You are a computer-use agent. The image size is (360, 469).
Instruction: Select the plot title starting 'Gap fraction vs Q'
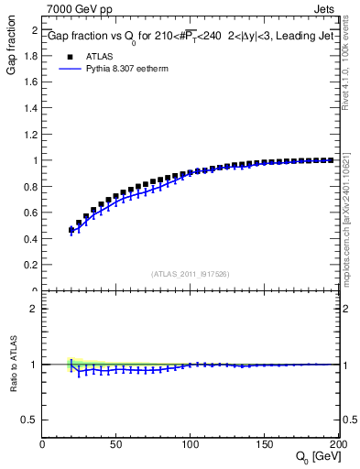(191, 38)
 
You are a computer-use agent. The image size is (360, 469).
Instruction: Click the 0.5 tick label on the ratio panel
(30, 420)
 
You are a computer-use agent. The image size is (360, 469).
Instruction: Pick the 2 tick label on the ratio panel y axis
(34, 309)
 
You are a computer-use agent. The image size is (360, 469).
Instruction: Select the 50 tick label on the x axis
(115, 445)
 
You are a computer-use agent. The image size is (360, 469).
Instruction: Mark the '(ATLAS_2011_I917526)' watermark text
(191, 274)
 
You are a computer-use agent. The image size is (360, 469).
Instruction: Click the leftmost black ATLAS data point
(71, 230)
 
